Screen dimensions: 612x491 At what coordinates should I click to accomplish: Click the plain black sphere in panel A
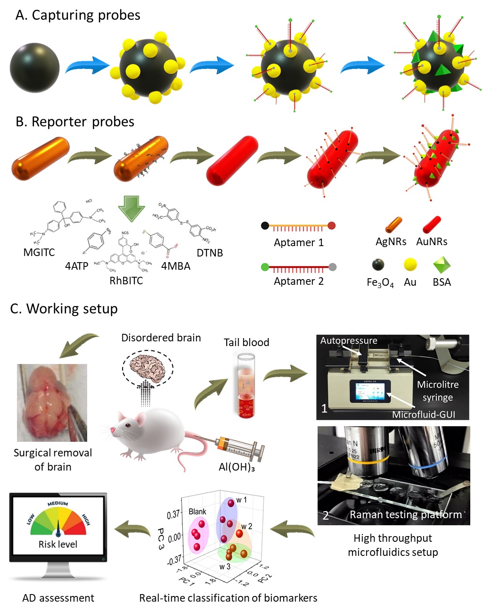pyautogui.click(x=34, y=67)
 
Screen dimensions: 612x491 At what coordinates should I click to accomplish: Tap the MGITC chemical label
pyautogui.click(x=39, y=252)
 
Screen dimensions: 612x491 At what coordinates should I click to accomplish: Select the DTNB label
pyautogui.click(x=210, y=253)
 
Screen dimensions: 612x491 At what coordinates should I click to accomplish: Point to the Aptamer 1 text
pyautogui.click(x=299, y=242)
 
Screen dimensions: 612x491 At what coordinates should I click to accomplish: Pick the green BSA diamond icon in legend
pyautogui.click(x=442, y=265)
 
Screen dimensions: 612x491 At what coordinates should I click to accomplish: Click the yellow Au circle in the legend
pyautogui.click(x=410, y=265)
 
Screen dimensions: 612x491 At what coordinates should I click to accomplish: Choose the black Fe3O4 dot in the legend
pyautogui.click(x=378, y=265)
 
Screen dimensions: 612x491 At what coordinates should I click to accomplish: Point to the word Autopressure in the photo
pyautogui.click(x=349, y=340)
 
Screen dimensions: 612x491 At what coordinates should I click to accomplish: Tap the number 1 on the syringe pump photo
pyautogui.click(x=324, y=408)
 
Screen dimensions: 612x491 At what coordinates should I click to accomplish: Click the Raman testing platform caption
pyautogui.click(x=406, y=514)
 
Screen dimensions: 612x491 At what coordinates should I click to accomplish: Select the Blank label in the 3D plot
pyautogui.click(x=197, y=512)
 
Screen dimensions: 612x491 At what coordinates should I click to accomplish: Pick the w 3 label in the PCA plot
pyautogui.click(x=225, y=566)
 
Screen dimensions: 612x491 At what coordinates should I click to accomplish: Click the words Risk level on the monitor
pyautogui.click(x=58, y=544)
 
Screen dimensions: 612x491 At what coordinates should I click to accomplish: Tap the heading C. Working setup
pyautogui.click(x=64, y=308)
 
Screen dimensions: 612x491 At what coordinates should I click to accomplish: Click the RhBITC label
pyautogui.click(x=126, y=281)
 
